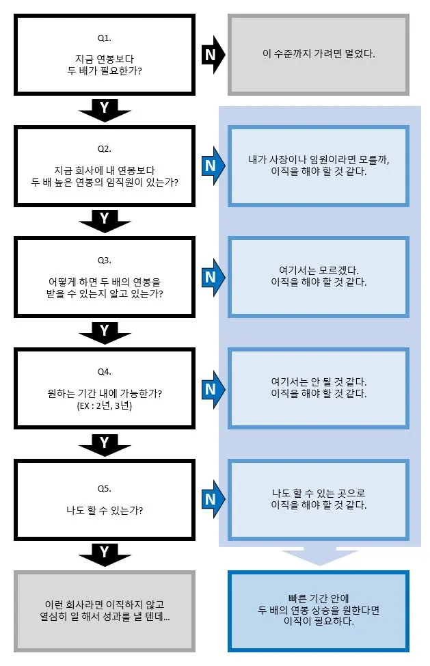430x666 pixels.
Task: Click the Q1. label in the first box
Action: [105, 37]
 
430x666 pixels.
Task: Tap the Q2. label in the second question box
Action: [105, 148]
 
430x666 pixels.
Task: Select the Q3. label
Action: [105, 260]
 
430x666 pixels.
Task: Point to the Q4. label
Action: [105, 371]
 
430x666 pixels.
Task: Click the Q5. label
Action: [105, 490]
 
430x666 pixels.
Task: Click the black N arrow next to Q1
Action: [211, 54]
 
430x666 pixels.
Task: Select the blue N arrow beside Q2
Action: [211, 165]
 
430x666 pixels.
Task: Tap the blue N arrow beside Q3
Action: [211, 276]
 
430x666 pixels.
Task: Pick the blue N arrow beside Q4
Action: [211, 388]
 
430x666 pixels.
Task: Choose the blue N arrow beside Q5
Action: [211, 499]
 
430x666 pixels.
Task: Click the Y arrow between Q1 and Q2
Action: [105, 109]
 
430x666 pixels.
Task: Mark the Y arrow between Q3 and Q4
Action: [105, 332]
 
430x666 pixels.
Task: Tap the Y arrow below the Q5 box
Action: [105, 553]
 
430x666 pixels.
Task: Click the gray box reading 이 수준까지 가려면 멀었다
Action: [319, 54]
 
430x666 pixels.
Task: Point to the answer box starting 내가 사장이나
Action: [319, 165]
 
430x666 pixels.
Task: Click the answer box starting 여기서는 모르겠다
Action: [319, 276]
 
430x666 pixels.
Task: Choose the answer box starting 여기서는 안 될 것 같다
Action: [319, 388]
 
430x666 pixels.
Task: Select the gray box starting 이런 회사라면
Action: [105, 611]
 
